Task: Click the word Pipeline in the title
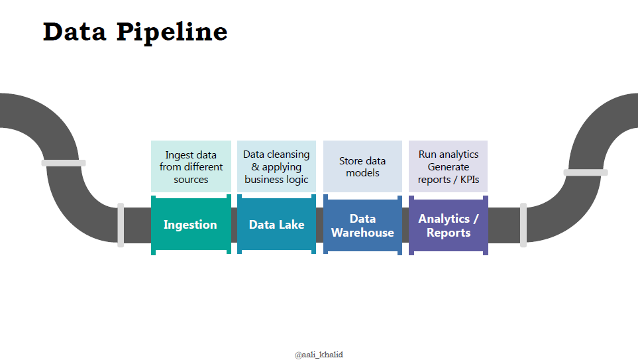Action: tap(172, 32)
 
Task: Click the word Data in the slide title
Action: tap(74, 32)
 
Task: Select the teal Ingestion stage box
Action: tap(191, 225)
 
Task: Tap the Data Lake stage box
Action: tap(277, 224)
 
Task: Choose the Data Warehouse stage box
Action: tap(362, 225)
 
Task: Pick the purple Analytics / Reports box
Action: tap(449, 225)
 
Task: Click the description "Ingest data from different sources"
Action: tap(191, 166)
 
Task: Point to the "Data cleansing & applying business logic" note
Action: tap(277, 166)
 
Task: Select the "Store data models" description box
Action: tap(362, 166)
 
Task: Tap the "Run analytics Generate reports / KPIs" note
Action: tap(448, 166)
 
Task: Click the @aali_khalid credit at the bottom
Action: tap(319, 355)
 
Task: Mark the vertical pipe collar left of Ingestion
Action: tap(121, 225)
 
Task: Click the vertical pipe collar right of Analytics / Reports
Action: tap(523, 225)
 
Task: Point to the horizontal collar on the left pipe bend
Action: tap(64, 163)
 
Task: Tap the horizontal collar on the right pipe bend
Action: tap(586, 172)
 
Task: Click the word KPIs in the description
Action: tap(470, 180)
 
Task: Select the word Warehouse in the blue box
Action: tap(362, 233)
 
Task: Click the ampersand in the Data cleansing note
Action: tap(256, 167)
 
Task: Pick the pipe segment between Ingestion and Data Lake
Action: tap(234, 225)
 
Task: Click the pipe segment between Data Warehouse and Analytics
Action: tap(405, 225)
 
